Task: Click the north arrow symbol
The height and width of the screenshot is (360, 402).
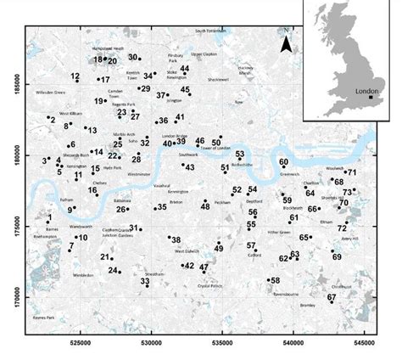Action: [x=287, y=43]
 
